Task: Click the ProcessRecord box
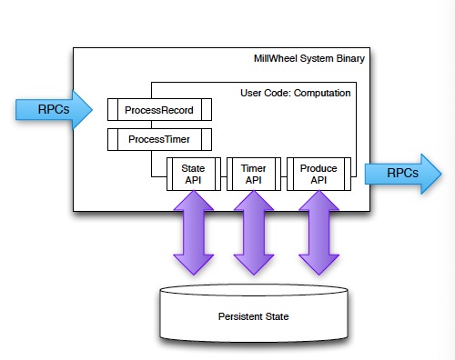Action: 159,109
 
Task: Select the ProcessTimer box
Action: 159,139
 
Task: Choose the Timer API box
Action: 253,174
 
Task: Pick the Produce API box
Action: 318,174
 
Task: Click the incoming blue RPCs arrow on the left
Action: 53,110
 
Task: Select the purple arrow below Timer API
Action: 253,234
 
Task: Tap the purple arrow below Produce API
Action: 318,234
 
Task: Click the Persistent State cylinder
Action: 253,314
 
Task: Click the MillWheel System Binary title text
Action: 309,60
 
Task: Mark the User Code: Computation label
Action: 296,92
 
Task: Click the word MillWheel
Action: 276,60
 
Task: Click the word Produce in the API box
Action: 318,167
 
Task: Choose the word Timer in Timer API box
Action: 253,167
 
